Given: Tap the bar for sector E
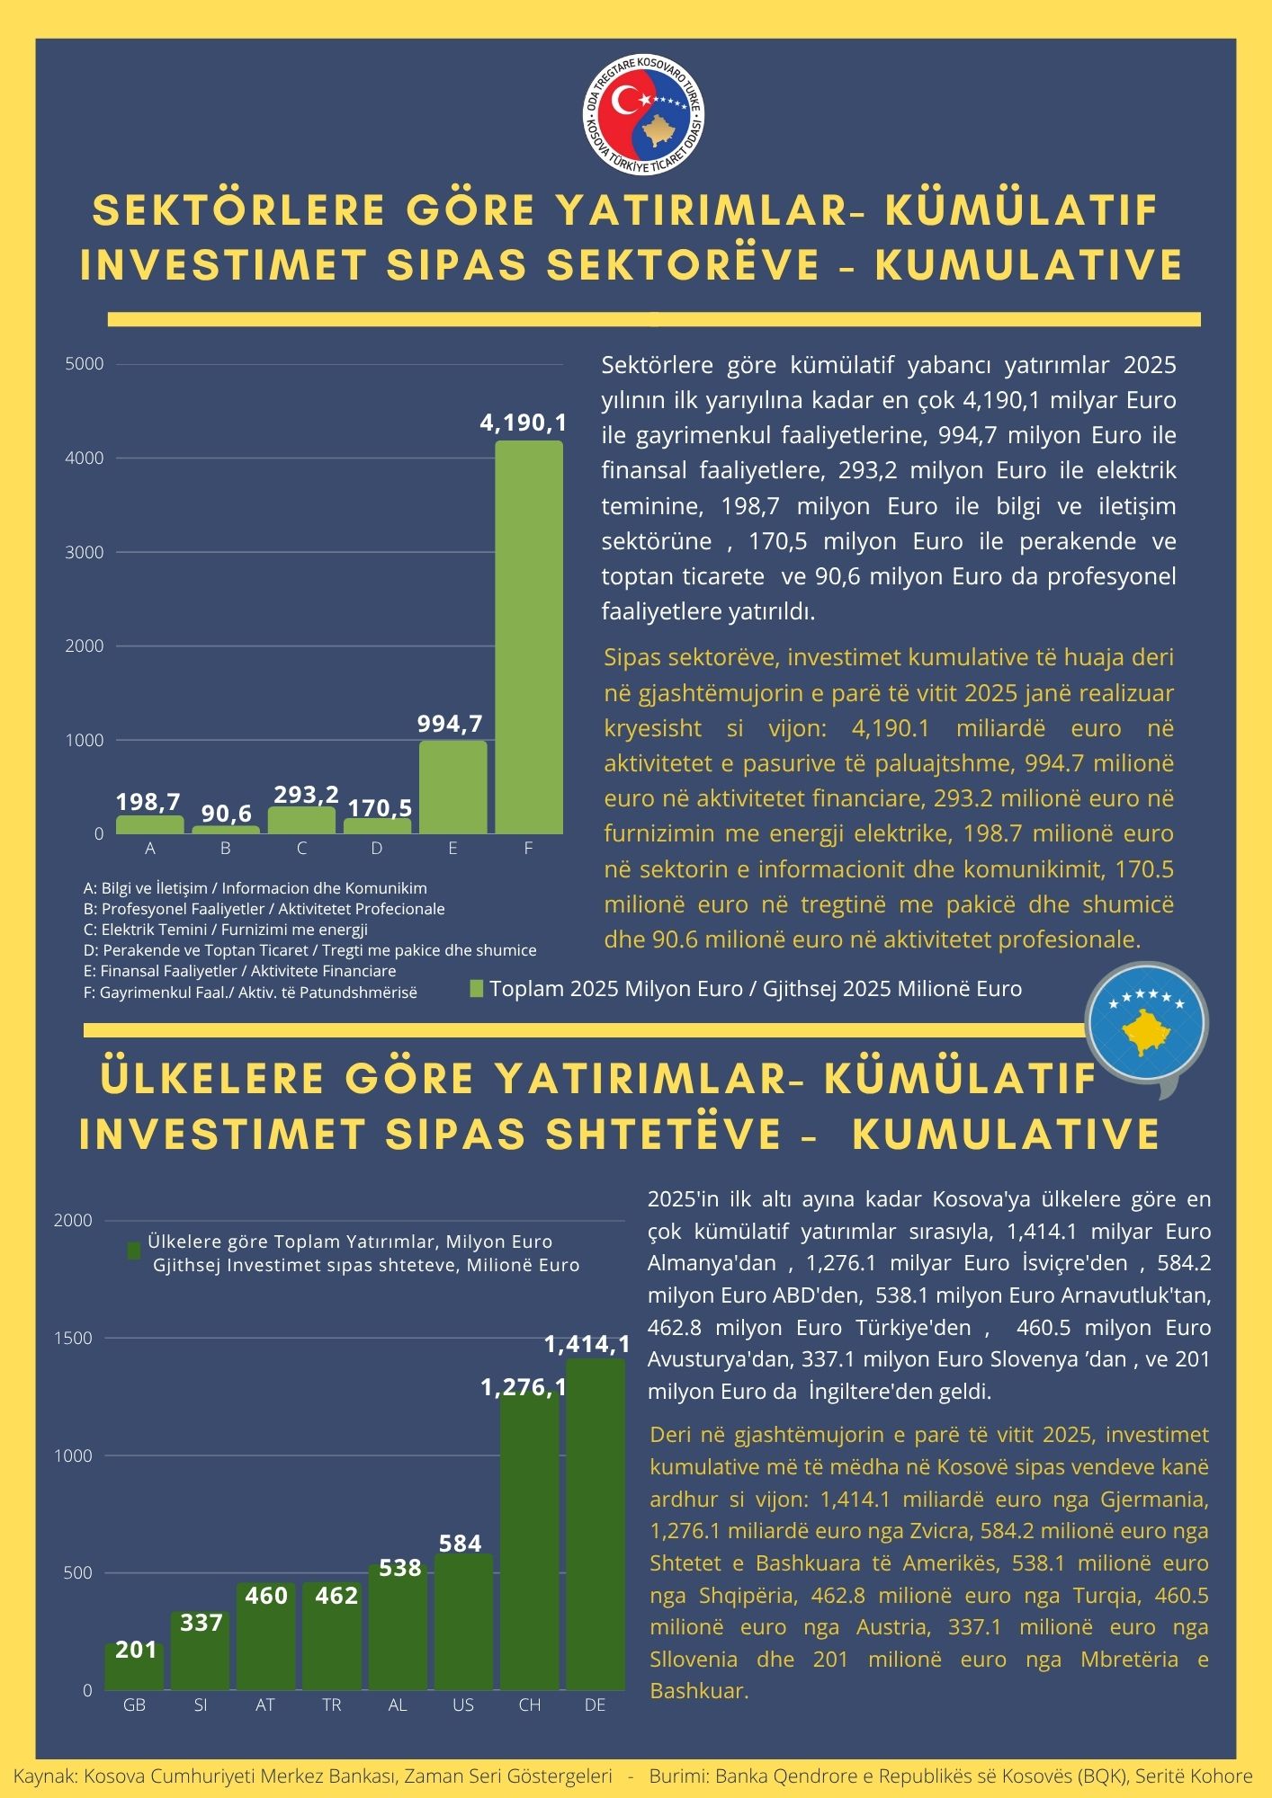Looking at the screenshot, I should (x=452, y=787).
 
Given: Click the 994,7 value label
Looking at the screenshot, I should (x=450, y=724).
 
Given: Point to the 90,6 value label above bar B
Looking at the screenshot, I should (x=227, y=814).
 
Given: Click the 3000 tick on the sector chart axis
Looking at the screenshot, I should (x=85, y=552).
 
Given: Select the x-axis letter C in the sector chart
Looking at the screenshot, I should (x=301, y=849).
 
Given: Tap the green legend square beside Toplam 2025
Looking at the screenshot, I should (x=477, y=989).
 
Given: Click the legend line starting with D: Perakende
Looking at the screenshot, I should (x=310, y=950).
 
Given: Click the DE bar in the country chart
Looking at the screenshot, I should (x=596, y=1524).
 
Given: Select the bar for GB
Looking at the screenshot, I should (x=134, y=1668).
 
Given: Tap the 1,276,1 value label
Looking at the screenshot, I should (x=523, y=1387).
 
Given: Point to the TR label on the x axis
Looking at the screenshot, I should (x=331, y=1705).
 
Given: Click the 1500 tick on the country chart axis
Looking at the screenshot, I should (x=73, y=1338).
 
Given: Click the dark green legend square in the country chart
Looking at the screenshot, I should (x=134, y=1251).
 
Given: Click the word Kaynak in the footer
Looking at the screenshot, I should (x=44, y=1776).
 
